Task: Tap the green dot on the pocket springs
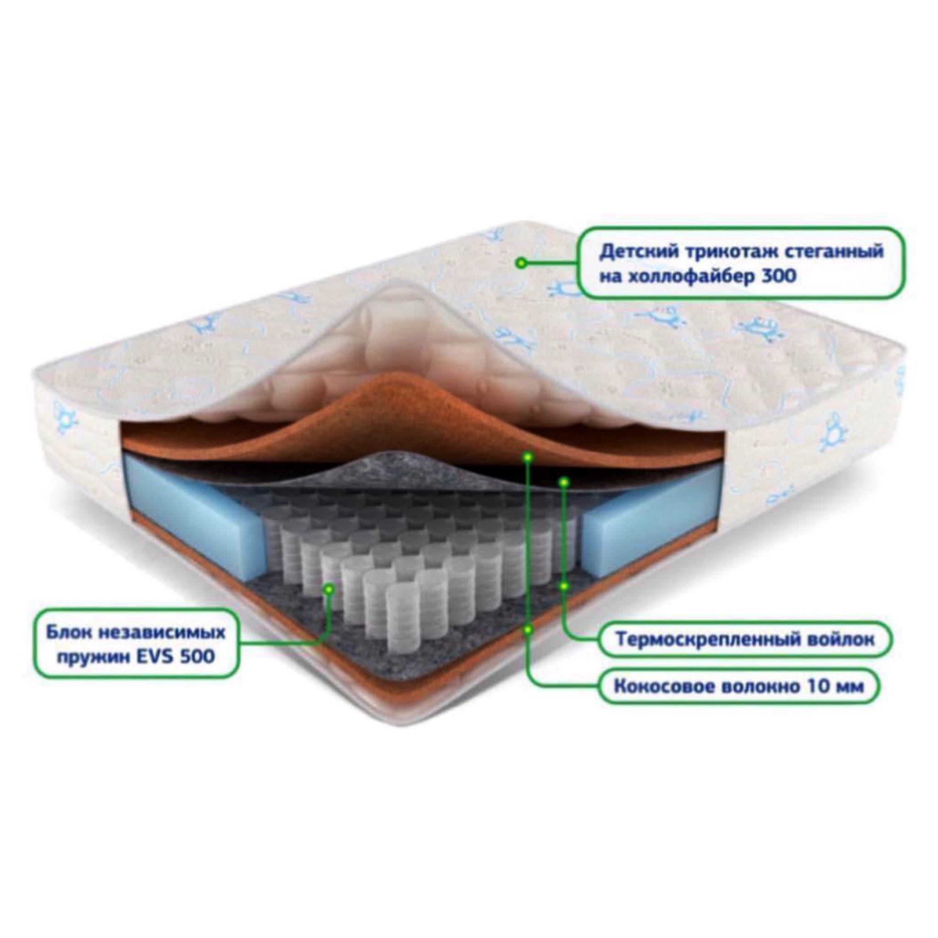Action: point(329,589)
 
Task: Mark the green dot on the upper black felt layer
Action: point(564,482)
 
